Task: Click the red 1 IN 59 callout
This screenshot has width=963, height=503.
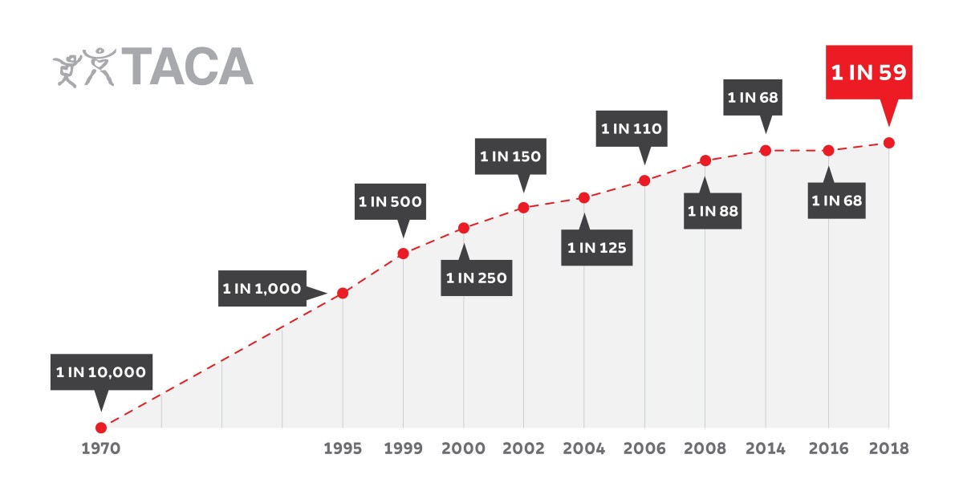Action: coord(868,72)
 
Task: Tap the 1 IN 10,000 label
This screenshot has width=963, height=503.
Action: coord(101,372)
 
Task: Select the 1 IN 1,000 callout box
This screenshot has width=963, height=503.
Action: coord(262,288)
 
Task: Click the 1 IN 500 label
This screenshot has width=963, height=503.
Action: coord(390,201)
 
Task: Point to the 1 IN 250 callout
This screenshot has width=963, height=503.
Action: coord(476,278)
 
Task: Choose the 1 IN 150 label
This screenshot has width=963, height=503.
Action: coord(511,156)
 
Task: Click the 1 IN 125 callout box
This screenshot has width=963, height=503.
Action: coord(596,247)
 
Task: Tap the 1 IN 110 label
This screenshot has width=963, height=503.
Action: coord(632,128)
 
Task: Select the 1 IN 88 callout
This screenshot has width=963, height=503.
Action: coord(713,212)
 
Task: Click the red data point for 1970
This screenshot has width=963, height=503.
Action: coord(101,428)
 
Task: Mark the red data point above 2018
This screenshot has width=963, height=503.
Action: coord(888,143)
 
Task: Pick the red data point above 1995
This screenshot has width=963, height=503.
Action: coord(343,293)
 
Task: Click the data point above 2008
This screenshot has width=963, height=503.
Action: coord(705,160)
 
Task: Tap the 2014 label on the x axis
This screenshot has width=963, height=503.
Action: coord(766,448)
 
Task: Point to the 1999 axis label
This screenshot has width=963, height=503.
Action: coord(403,448)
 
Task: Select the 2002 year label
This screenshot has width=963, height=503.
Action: coord(523,448)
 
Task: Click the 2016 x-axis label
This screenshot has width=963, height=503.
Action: coord(827,448)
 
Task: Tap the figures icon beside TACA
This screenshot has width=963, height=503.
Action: coord(85,67)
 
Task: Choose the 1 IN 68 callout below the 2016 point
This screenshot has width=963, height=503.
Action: coord(836,201)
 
